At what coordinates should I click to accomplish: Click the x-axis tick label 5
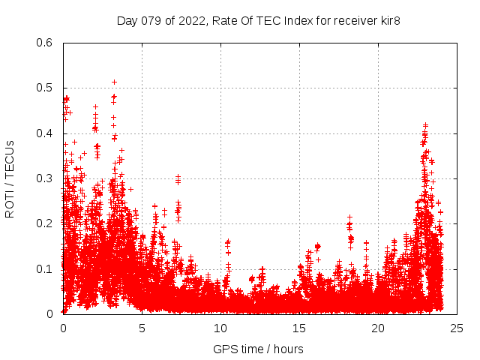[142, 328]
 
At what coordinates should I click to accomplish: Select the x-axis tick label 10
[220, 328]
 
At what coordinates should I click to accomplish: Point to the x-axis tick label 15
[299, 328]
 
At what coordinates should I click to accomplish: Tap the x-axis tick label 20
[378, 328]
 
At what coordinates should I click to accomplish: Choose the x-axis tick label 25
[457, 328]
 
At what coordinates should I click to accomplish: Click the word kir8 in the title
[388, 20]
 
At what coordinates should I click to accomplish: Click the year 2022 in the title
[191, 20]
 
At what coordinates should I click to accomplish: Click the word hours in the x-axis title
[288, 349]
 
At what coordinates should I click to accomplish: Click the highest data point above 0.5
[114, 82]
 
